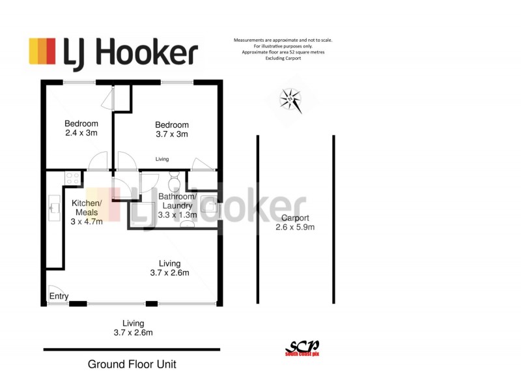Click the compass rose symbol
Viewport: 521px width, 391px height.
click(291, 100)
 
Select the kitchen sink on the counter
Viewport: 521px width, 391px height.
click(53, 208)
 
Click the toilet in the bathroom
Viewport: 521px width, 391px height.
click(174, 180)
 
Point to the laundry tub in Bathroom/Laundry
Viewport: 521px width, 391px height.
click(209, 201)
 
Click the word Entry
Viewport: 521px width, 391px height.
click(59, 297)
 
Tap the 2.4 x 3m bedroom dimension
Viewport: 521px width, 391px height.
click(81, 133)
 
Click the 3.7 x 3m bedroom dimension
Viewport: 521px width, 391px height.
click(172, 134)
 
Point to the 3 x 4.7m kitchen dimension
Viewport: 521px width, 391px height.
click(86, 221)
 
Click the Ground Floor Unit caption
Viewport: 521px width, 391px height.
click(132, 364)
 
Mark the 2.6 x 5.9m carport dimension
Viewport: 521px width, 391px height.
click(295, 227)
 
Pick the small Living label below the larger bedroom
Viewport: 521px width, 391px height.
click(162, 159)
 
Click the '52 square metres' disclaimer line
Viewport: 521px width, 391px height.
click(283, 51)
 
